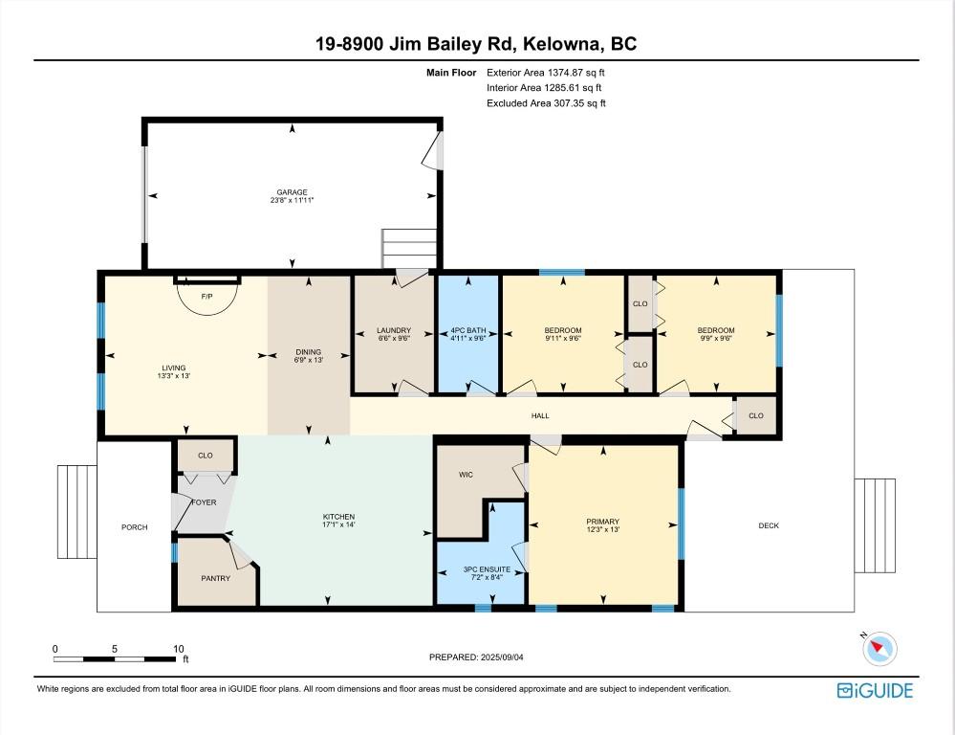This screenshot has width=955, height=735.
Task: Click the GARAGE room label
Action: click(x=292, y=192)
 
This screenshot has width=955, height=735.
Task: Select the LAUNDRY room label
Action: click(x=394, y=331)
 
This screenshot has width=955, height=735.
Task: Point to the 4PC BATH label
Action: click(x=467, y=331)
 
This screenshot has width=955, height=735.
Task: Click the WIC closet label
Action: click(x=466, y=475)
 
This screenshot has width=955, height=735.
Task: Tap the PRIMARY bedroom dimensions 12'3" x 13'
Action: click(x=603, y=530)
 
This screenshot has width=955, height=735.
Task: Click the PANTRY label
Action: click(x=215, y=578)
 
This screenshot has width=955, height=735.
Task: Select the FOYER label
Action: click(x=204, y=501)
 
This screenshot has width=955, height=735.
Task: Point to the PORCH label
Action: click(x=134, y=526)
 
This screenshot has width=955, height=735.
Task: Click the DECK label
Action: click(x=769, y=525)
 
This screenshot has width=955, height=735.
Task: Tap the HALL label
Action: click(x=540, y=415)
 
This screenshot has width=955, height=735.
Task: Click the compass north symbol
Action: click(x=879, y=649)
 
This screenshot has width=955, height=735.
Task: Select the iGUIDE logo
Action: click(x=875, y=690)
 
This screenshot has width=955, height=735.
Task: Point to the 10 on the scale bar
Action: click(x=178, y=649)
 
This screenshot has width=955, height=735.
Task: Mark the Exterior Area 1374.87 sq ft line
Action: click(x=546, y=72)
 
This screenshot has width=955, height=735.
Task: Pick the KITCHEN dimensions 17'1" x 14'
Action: click(x=338, y=525)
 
